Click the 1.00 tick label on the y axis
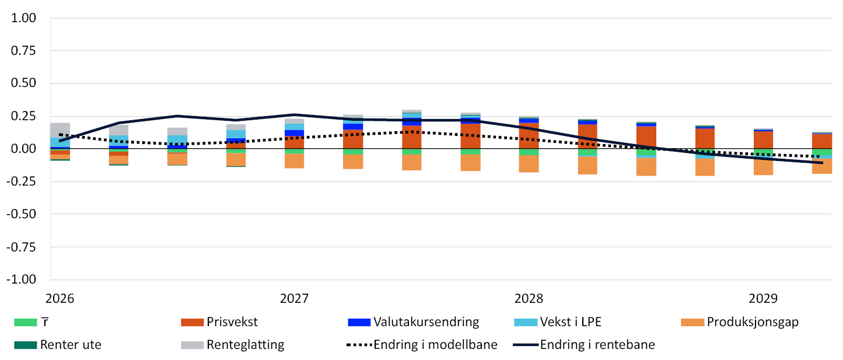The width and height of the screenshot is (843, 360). pos(23,18)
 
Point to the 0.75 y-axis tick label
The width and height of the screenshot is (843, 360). pos(23,51)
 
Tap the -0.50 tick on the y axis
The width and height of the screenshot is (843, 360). pos(21,214)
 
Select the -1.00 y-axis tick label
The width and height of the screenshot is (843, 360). pos(21,279)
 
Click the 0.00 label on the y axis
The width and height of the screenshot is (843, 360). pos(23,149)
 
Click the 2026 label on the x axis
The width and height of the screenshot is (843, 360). pos(60,299)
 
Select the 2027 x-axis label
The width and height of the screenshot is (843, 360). pos(294,299)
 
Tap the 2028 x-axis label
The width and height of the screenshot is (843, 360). pos(529,299)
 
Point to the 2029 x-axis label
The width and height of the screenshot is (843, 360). pos(763,299)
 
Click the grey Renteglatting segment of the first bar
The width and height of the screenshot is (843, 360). pos(60,130)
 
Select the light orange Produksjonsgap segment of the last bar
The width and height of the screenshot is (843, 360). pos(822,166)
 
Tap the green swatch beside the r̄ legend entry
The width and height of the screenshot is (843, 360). pos(26,323)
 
